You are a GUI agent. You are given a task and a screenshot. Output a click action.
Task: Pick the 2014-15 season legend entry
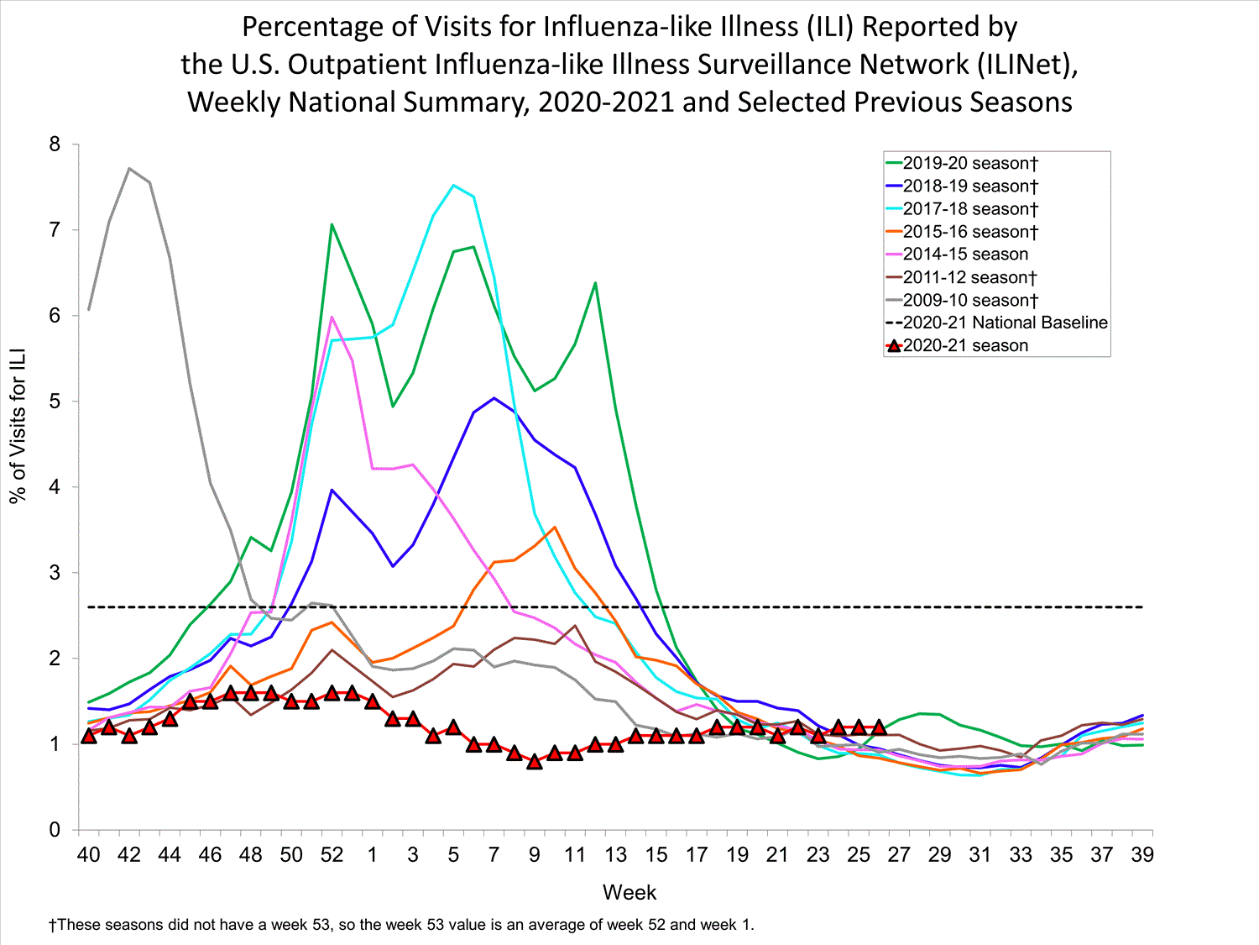[965, 254]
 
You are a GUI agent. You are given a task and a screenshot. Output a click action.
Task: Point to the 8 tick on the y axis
[55, 144]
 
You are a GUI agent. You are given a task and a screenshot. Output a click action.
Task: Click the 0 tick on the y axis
[55, 830]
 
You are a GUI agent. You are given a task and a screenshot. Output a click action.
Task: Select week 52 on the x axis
[332, 855]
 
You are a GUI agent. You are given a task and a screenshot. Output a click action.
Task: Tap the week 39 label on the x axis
[1142, 855]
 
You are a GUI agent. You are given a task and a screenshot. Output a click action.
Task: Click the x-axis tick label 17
[697, 855]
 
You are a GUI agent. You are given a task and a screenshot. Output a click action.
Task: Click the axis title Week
[629, 892]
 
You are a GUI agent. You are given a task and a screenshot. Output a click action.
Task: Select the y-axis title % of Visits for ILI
[18, 425]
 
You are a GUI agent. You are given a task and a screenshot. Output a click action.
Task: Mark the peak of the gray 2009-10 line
[129, 168]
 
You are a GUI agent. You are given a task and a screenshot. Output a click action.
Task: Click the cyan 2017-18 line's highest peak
[453, 185]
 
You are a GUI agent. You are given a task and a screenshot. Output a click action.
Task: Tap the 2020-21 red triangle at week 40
[89, 737]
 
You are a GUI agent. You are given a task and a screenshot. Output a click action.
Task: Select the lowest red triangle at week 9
[535, 762]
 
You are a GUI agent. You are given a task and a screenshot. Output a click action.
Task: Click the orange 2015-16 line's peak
[555, 528]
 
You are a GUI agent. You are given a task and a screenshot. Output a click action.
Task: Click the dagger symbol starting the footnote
[53, 925]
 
